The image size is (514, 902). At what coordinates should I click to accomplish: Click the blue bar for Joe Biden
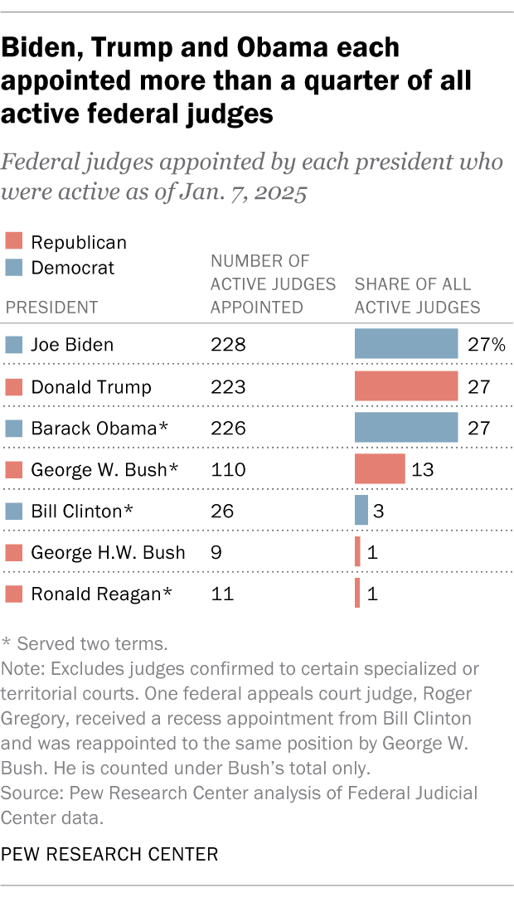coord(406,343)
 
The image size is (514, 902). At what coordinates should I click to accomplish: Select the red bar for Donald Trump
coord(406,386)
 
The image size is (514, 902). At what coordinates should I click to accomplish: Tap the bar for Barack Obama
coord(406,427)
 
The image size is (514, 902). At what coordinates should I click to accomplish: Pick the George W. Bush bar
coord(380,468)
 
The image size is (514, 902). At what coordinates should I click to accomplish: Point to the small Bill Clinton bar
coord(361,510)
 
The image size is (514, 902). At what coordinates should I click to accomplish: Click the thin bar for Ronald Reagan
coord(357,594)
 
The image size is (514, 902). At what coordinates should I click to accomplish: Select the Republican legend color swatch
coord(13,243)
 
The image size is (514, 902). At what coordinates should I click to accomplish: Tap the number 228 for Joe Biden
coord(229,344)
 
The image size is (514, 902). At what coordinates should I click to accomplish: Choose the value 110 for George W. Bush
coord(228,469)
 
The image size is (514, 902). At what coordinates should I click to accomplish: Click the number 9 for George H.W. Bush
coord(216,552)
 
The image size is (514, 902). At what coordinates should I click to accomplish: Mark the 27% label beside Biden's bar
coord(485,344)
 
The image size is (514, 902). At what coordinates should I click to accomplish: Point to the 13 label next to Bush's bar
coord(424,469)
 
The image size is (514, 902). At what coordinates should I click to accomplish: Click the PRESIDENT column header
coord(51,308)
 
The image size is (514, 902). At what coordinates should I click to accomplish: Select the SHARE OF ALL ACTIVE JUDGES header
coord(417,296)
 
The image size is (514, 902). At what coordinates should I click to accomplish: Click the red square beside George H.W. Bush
coord(13,552)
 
